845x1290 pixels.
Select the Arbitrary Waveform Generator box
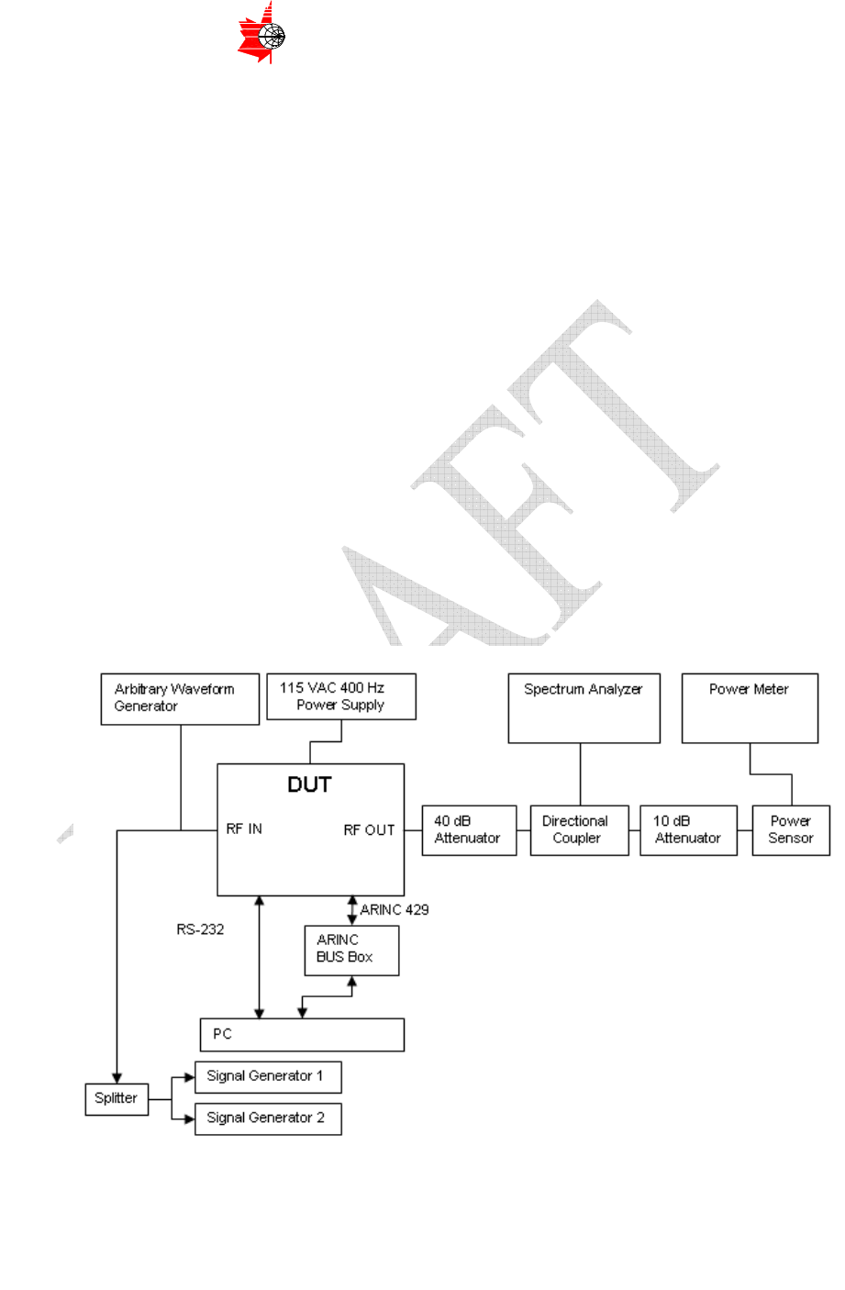click(180, 699)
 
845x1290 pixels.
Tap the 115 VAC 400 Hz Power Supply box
click(340, 696)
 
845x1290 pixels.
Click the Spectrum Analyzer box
click(584, 708)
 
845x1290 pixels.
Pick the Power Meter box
click(750, 708)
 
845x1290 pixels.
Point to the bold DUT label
click(309, 784)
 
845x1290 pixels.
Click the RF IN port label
click(244, 828)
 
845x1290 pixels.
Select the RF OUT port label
click(369, 829)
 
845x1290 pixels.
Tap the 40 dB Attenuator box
click(469, 830)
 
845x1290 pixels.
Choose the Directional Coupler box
click(579, 830)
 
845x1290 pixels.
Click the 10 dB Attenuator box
click(688, 830)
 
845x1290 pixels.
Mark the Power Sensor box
click(791, 830)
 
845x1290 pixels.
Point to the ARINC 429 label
click(395, 909)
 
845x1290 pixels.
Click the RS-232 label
click(200, 929)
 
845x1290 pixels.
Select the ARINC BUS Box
click(351, 950)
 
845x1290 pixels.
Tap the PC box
click(302, 1034)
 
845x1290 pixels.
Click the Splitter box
click(117, 1098)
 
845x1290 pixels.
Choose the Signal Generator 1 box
click(268, 1076)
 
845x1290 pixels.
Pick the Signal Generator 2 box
click(268, 1118)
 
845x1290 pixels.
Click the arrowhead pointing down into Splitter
click(117, 1076)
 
